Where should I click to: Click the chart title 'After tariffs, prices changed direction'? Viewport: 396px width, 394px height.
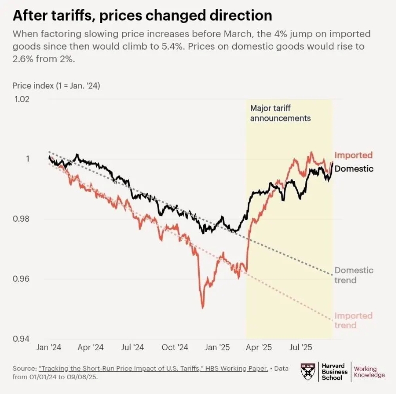pyautogui.click(x=142, y=16)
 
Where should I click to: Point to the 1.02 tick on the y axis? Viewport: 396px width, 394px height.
pyautogui.click(x=22, y=99)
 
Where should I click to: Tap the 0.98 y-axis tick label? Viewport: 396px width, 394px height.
pyautogui.click(x=22, y=219)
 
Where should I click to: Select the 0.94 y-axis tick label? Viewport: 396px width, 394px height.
pyautogui.click(x=22, y=338)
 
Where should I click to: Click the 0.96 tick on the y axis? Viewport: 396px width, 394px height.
pyautogui.click(x=22, y=279)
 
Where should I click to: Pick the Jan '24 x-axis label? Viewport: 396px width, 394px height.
pyautogui.click(x=48, y=347)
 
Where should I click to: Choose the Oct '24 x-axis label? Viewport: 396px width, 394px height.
pyautogui.click(x=175, y=347)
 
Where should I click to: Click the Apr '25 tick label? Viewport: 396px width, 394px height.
pyautogui.click(x=258, y=347)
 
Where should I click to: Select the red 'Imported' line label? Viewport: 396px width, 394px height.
pyautogui.click(x=353, y=155)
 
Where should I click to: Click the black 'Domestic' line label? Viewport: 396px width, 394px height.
pyautogui.click(x=354, y=169)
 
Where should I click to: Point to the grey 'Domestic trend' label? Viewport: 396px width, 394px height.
pyautogui.click(x=354, y=275)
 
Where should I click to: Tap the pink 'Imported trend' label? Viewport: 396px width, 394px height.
pyautogui.click(x=353, y=320)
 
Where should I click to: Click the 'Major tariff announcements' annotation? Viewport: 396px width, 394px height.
pyautogui.click(x=280, y=113)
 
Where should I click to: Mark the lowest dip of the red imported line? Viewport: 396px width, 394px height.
pyautogui.click(x=202, y=307)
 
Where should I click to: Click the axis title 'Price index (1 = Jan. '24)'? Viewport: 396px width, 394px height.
pyautogui.click(x=56, y=86)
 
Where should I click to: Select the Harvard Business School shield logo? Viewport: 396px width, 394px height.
pyautogui.click(x=308, y=371)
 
